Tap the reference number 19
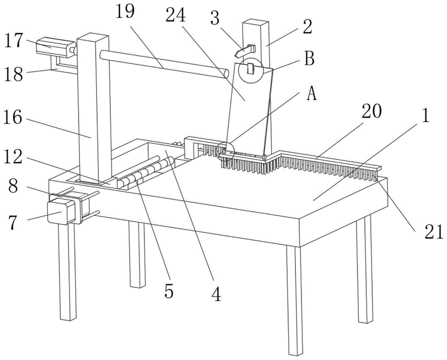126,12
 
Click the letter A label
312,94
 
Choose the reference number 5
168,291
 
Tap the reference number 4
216,295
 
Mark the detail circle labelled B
250,70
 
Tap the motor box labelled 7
60,210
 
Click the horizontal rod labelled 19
163,66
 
